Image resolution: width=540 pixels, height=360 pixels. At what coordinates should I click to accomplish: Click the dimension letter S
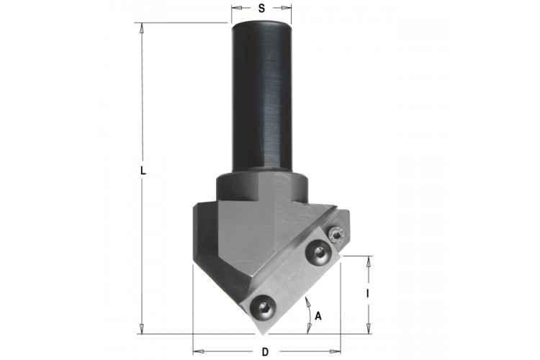[262, 9]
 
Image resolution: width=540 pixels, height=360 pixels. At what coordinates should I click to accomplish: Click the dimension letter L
[143, 171]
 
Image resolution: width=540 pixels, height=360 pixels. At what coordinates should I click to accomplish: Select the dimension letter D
[265, 352]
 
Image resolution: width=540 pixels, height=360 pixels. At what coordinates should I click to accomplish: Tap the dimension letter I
[368, 294]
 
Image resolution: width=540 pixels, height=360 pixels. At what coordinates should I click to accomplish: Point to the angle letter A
[318, 315]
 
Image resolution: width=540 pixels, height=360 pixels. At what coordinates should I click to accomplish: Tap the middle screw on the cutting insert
[318, 253]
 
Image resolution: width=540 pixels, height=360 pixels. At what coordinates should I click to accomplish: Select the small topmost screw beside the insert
[336, 235]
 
